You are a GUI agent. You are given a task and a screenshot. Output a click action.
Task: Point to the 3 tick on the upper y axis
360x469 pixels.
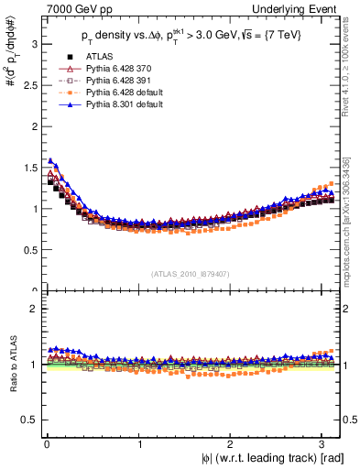pyautogui.click(x=33, y=43)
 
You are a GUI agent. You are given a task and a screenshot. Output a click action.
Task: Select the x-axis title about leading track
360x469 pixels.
pyautogui.click(x=267, y=458)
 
